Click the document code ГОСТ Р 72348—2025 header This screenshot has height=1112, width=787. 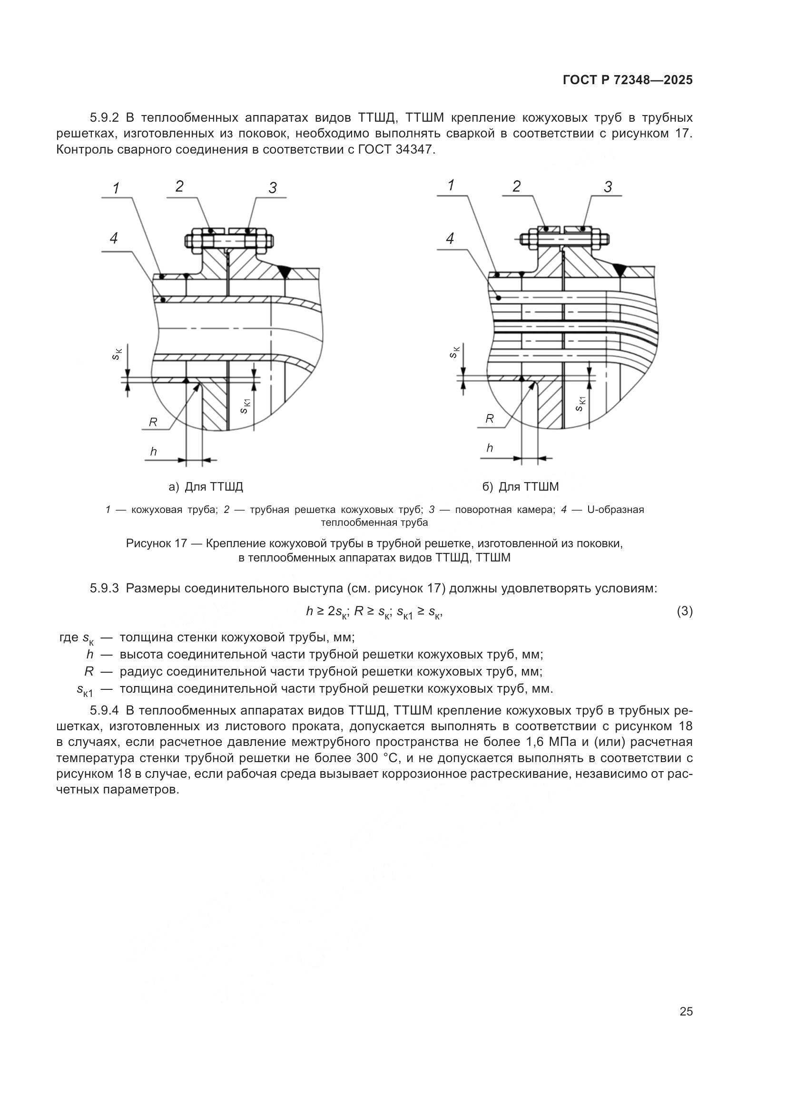click(628, 80)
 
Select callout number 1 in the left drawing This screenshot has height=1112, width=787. click(116, 188)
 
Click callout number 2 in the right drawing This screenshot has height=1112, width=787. click(517, 186)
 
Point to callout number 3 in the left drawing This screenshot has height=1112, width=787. click(272, 188)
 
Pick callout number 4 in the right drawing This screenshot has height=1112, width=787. click(450, 238)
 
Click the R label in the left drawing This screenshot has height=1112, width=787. click(153, 422)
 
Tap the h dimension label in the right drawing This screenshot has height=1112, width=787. click(490, 448)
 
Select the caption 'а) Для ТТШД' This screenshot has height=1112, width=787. click(206, 487)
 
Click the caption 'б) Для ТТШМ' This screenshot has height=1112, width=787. click(521, 487)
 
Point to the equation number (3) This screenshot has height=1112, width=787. click(684, 611)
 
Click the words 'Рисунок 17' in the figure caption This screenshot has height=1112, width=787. click(156, 543)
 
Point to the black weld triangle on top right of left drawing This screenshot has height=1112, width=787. click(285, 272)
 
